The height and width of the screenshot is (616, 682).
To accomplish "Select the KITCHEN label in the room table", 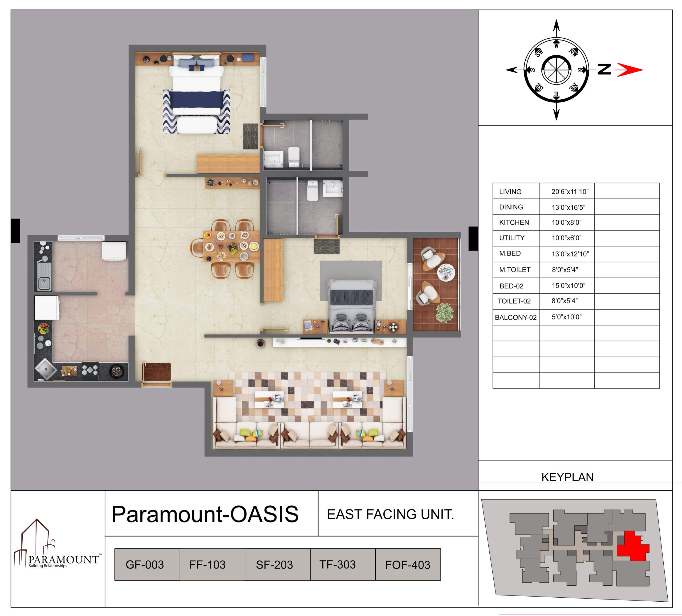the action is pyautogui.click(x=514, y=222).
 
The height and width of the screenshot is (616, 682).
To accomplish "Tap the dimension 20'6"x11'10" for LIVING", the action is pyautogui.click(x=570, y=192).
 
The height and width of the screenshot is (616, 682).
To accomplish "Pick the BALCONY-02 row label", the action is pyautogui.click(x=515, y=317).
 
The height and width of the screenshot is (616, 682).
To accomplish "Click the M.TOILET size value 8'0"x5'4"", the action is pyautogui.click(x=565, y=270).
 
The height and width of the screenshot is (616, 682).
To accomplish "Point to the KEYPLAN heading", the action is pyautogui.click(x=567, y=477).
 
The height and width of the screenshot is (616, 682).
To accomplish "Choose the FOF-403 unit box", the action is pyautogui.click(x=408, y=565).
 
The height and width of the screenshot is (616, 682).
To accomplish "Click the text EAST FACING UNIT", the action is pyautogui.click(x=390, y=514).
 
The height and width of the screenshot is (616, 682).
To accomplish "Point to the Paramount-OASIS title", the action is pyautogui.click(x=205, y=514).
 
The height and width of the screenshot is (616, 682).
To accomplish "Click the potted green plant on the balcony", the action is pyautogui.click(x=444, y=313).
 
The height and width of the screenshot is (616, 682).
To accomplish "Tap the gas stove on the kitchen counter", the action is pyautogui.click(x=90, y=370).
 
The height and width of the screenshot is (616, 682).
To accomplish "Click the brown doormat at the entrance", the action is pyautogui.click(x=157, y=371).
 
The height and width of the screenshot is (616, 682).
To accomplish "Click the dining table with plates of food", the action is pyautogui.click(x=232, y=246).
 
